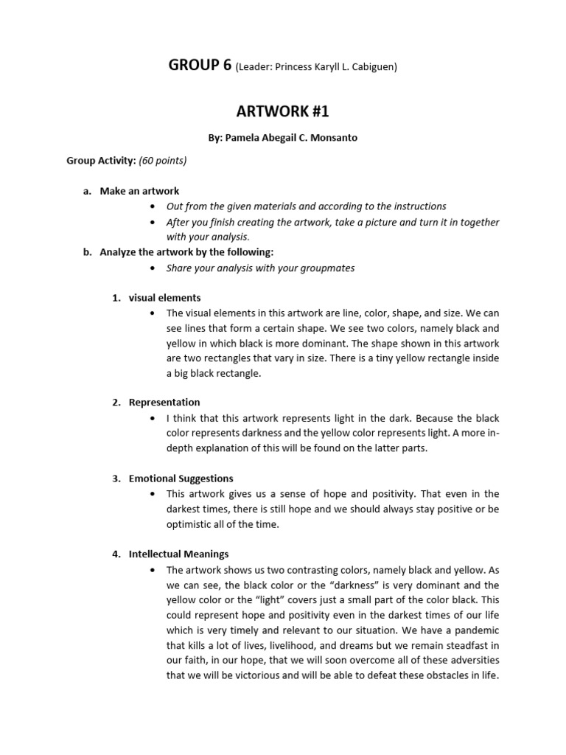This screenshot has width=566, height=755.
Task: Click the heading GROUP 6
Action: pos(200,65)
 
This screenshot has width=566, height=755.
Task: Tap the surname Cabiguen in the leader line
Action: pos(373,67)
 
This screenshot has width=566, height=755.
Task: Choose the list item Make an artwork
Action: pos(139,191)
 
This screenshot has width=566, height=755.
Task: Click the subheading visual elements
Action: pos(164,298)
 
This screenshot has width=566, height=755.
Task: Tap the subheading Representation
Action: pos(164,402)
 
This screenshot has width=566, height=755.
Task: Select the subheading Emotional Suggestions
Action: pos(181,479)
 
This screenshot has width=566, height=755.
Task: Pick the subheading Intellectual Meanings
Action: pos(178,554)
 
